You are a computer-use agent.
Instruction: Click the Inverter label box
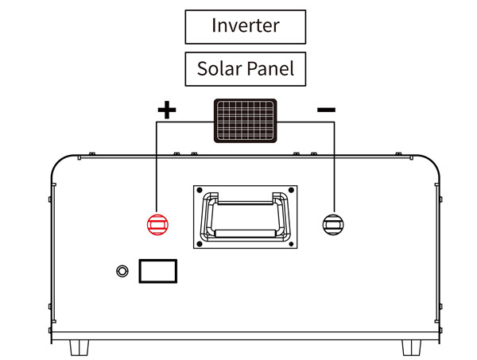click(x=245, y=25)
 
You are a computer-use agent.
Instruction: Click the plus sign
click(x=165, y=110)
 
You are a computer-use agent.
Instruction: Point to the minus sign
click(x=326, y=110)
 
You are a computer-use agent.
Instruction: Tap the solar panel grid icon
click(x=245, y=121)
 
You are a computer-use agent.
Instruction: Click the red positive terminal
click(x=157, y=223)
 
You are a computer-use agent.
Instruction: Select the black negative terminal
click(x=332, y=223)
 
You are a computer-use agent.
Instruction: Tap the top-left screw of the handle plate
click(x=200, y=192)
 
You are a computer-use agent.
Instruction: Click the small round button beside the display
click(x=122, y=271)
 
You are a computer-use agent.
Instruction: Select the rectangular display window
click(x=157, y=271)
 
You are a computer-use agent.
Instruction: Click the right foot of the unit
click(x=411, y=347)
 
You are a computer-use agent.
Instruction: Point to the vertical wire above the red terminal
click(x=157, y=167)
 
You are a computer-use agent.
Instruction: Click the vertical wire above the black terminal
click(x=332, y=167)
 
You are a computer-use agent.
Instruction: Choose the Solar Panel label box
click(x=245, y=69)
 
